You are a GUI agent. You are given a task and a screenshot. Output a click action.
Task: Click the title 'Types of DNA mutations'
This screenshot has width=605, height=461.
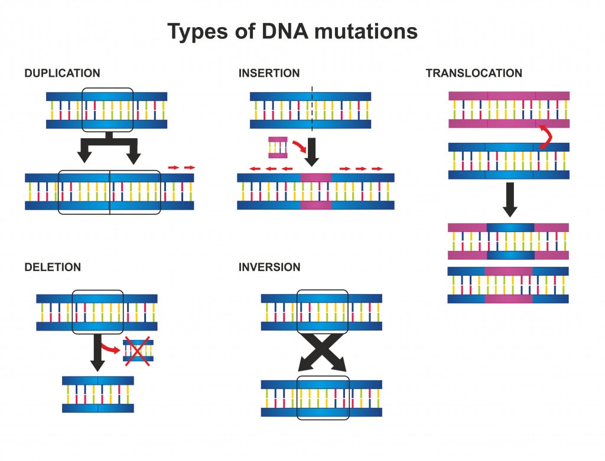292,31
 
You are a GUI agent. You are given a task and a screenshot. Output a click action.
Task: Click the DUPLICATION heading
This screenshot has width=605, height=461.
62,73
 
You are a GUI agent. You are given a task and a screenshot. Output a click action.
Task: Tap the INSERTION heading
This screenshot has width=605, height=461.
269,73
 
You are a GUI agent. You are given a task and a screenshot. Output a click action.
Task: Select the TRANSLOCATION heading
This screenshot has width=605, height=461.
474,73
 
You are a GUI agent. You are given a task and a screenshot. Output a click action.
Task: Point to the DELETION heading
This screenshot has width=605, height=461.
53,267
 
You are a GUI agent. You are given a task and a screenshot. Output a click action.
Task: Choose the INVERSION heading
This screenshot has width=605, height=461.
269,267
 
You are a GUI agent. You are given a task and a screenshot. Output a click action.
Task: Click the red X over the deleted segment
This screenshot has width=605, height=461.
138,350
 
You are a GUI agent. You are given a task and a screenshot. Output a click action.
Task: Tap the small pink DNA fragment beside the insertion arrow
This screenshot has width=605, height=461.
278,148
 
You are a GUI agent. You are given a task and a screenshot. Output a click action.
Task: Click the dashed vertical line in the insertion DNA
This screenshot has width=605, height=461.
313,110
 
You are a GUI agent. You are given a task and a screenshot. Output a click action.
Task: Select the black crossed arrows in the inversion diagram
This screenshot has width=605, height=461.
322,353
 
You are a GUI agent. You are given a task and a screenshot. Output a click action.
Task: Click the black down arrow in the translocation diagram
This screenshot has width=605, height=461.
509,200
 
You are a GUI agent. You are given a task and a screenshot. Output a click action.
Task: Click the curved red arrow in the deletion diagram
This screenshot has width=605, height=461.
110,348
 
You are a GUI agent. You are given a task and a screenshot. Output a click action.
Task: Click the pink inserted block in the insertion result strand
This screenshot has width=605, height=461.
316,191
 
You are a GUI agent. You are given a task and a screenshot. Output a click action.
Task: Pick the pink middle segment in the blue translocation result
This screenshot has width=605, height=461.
508,285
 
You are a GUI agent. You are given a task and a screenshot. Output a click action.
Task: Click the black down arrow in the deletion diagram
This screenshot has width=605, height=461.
97,351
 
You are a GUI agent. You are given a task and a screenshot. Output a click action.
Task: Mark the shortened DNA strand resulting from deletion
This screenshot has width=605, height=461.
98,394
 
